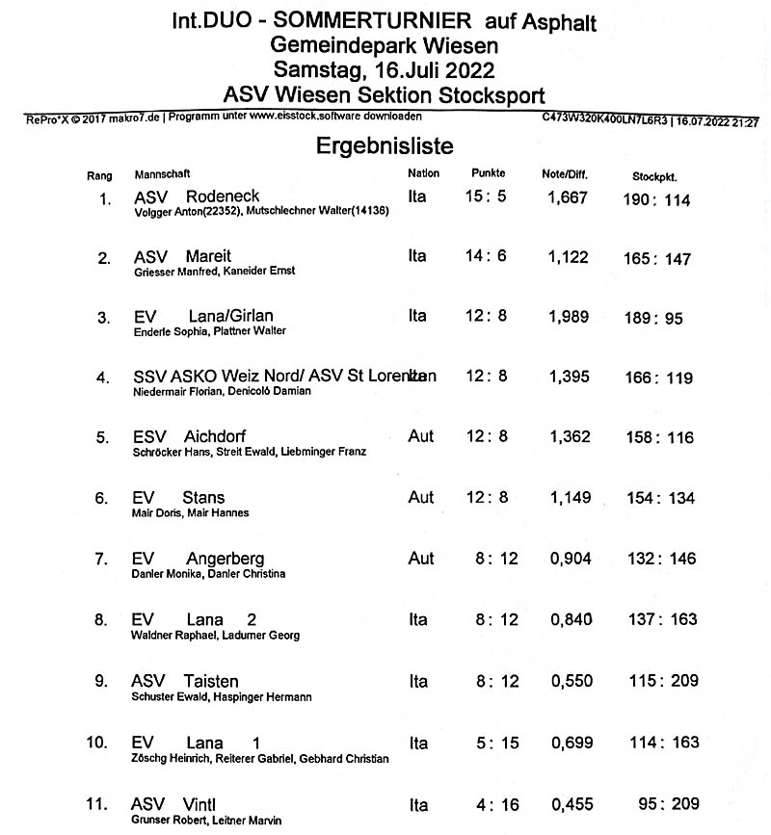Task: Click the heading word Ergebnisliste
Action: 385,145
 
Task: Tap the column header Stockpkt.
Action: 655,177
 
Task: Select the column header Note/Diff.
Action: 565,175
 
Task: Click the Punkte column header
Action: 489,174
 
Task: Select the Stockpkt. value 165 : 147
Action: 657,259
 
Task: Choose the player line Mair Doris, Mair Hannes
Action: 189,513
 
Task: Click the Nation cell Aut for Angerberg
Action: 421,559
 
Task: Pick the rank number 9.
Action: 101,682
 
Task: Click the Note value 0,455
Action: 571,804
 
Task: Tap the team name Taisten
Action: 211,681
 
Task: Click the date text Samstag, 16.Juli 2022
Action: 384,69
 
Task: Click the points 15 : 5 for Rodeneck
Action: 486,197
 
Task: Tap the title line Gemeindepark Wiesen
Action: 384,45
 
